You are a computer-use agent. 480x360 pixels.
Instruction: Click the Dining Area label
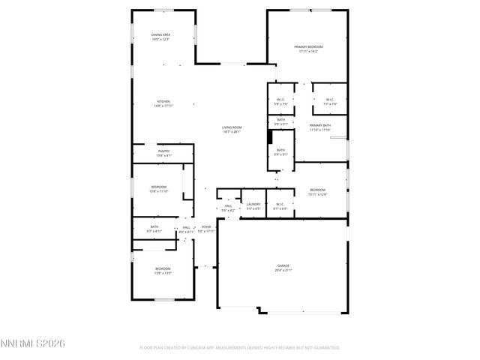[x=161, y=34]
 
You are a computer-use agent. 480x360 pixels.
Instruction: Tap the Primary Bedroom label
[x=309, y=46]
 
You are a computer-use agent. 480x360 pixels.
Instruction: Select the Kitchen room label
[x=163, y=101]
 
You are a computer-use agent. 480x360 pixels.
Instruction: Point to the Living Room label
[x=232, y=127]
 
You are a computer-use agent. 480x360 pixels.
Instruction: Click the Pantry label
[x=163, y=151]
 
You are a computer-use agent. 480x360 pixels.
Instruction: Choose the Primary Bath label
[x=320, y=125]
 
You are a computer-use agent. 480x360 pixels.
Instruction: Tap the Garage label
[x=283, y=265]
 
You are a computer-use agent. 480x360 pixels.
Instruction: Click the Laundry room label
[x=253, y=204]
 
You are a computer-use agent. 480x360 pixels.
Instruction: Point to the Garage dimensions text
[x=283, y=270]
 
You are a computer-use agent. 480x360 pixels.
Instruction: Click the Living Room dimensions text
[x=232, y=132]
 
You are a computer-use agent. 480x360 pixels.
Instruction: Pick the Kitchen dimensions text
[x=163, y=106]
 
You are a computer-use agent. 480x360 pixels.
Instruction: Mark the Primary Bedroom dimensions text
[x=309, y=51]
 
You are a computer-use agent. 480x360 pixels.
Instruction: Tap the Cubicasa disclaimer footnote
[x=240, y=348]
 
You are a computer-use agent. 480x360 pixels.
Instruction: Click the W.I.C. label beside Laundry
[x=279, y=204]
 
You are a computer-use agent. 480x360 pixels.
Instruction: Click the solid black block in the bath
[x=270, y=136]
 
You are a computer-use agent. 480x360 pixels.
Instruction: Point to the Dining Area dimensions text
[x=161, y=39]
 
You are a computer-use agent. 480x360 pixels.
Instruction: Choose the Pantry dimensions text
[x=163, y=155]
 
